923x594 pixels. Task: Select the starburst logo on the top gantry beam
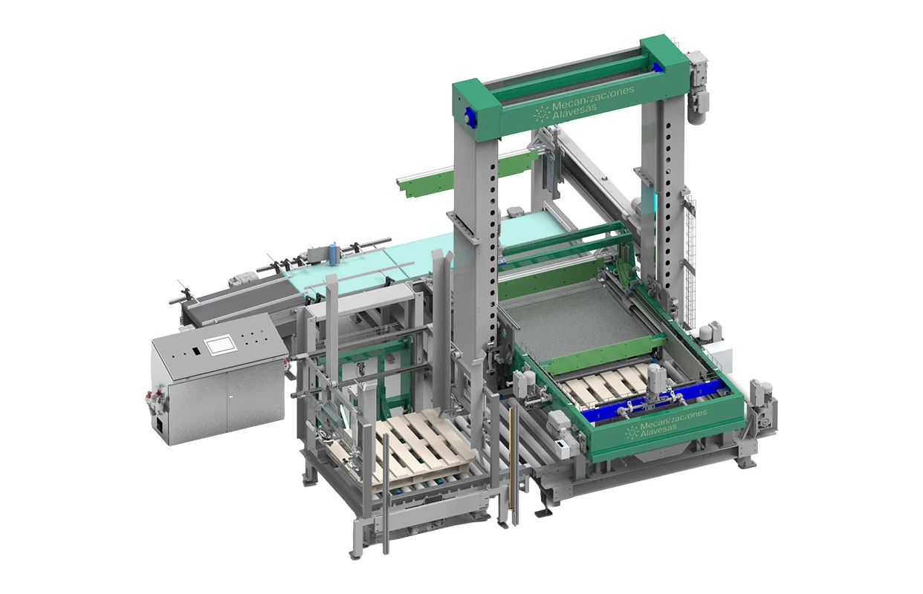click(x=542, y=114)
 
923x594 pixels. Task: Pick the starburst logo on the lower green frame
click(x=631, y=431)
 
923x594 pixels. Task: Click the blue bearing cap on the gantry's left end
click(x=469, y=115)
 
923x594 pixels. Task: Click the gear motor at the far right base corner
click(x=760, y=405)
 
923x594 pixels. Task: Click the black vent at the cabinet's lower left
click(x=160, y=425)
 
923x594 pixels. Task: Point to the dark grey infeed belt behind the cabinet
click(x=223, y=301)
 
